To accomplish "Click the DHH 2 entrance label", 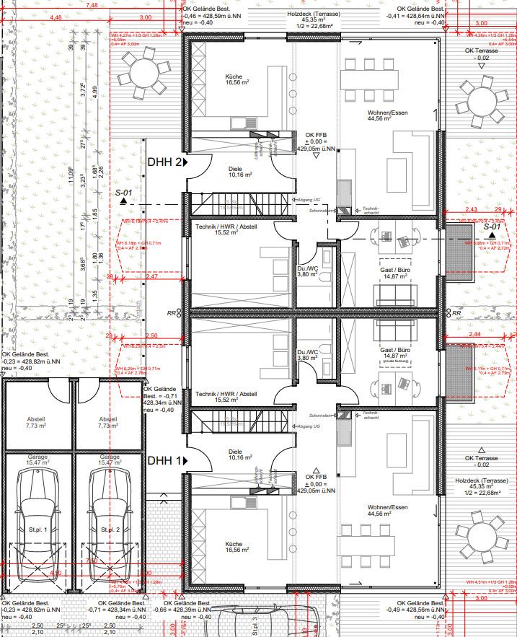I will point(164,163).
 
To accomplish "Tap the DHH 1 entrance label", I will point(164,460).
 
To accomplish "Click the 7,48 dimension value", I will point(92,5).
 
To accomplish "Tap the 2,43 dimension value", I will point(471,209).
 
